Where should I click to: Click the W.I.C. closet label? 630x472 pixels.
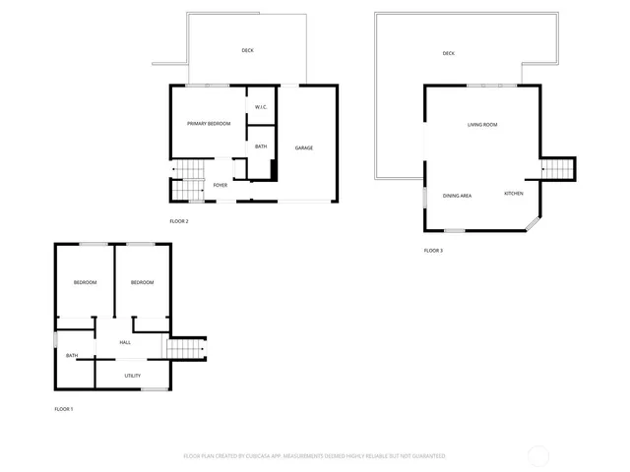point(261,106)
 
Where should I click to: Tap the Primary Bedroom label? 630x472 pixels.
point(209,123)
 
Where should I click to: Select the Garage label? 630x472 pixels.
point(304,147)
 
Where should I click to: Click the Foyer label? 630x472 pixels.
point(220,184)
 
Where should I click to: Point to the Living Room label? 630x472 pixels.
point(481,124)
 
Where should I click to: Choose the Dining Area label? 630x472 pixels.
point(457,195)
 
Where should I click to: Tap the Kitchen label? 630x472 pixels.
point(514,193)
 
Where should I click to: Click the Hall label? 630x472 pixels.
point(125,342)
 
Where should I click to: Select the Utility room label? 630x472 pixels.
point(132,375)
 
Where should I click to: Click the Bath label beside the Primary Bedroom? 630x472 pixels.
point(261,147)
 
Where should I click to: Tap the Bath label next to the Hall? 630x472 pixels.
point(72,355)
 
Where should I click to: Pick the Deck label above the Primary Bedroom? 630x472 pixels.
point(247,50)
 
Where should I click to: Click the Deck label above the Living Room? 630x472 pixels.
point(449,53)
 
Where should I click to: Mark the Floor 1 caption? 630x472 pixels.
point(63,408)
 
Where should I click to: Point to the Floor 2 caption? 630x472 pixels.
point(178,221)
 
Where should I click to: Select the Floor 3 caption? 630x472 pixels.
point(433,251)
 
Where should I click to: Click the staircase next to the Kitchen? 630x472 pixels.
point(558,169)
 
